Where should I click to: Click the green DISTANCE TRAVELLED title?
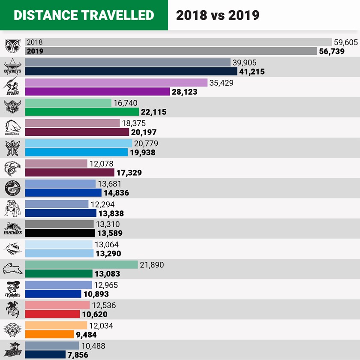point(84,15)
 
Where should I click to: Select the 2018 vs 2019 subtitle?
point(218,15)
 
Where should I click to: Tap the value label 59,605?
point(346,42)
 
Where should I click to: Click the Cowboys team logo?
point(12,66)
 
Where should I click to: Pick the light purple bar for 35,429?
point(116,83)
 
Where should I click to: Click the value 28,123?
point(187,92)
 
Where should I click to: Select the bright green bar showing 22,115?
point(82,112)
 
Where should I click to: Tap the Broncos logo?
point(12,127)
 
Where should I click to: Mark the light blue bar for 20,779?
point(79,143)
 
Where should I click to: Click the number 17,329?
point(129,173)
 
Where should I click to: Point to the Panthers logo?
point(12,228)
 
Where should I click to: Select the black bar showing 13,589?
point(60,233)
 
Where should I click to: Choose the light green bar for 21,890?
point(81,265)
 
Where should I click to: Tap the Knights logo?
point(12,289)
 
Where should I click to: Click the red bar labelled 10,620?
point(53,314)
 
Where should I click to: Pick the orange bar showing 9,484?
point(50,334)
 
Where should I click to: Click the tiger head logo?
point(12,330)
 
